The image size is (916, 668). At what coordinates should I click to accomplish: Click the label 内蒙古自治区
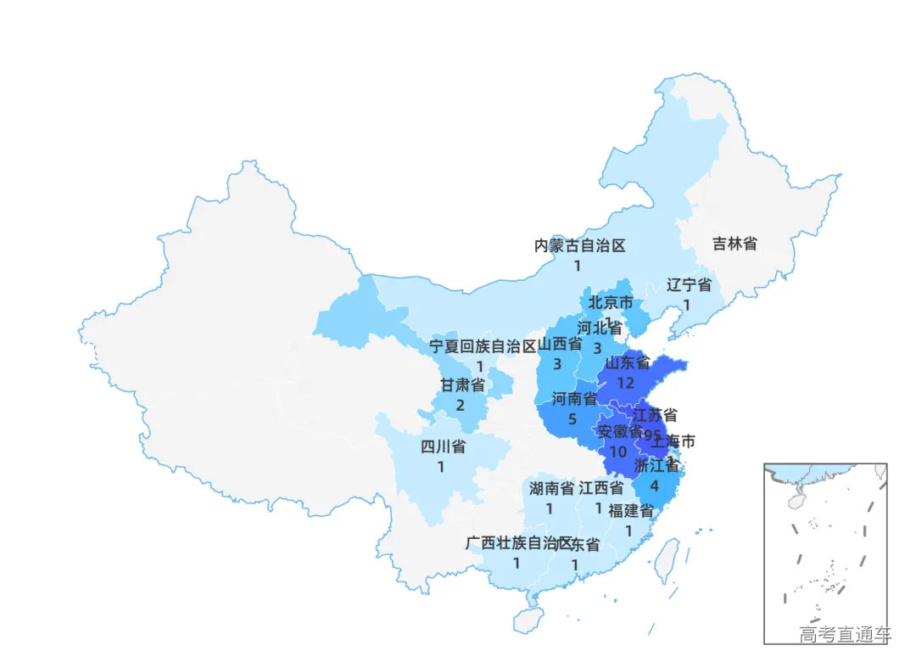click(579, 246)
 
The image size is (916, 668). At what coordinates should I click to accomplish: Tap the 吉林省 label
click(734, 244)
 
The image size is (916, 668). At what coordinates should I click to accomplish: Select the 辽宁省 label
click(689, 284)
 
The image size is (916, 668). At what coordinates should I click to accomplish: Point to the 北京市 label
click(611, 302)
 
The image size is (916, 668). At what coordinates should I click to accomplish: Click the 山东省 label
click(627, 364)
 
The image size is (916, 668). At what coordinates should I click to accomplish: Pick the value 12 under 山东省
click(626, 383)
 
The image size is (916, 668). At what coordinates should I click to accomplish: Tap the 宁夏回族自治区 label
click(483, 346)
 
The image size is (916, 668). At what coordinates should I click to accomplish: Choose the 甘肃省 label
click(462, 385)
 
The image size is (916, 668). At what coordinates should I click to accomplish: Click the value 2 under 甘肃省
click(460, 405)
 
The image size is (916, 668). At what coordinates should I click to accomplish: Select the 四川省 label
click(443, 447)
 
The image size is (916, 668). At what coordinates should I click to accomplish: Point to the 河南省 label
click(574, 399)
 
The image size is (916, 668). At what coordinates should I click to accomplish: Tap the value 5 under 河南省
click(572, 419)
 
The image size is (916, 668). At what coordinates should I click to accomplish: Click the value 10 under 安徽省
click(617, 452)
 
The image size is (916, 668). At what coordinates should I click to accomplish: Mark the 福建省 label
click(630, 511)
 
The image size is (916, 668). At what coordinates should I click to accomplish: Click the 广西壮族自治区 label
click(519, 543)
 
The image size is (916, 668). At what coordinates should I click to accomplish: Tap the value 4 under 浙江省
click(653, 486)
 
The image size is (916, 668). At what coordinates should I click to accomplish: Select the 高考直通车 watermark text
click(845, 634)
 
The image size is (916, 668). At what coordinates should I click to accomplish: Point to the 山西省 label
click(560, 344)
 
